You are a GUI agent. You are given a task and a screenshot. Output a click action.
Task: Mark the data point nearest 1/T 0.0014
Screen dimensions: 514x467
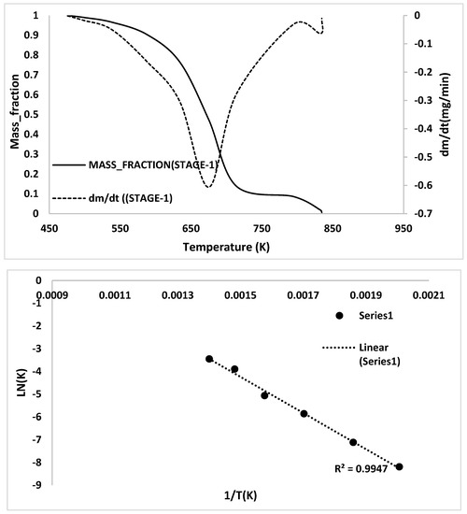(209, 359)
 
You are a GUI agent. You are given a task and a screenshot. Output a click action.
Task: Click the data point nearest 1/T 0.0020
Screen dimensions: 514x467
(399, 466)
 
